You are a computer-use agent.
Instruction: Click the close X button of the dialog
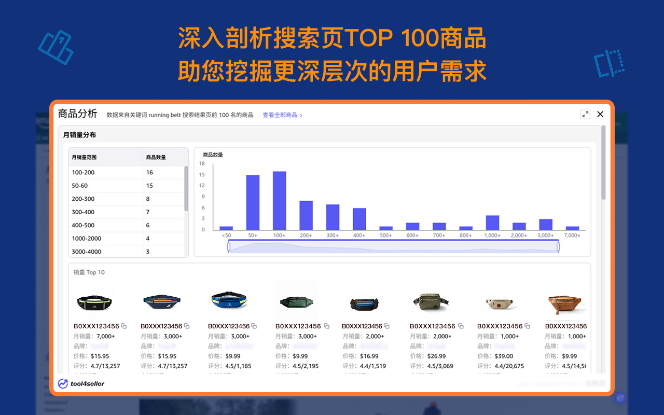point(600,114)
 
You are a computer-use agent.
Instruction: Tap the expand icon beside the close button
point(585,114)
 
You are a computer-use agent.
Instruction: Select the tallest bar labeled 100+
point(279,201)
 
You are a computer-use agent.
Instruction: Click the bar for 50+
point(253,202)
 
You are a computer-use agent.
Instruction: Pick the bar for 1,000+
point(492,223)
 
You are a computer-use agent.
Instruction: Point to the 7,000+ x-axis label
point(572,236)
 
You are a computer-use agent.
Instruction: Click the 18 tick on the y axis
point(202,163)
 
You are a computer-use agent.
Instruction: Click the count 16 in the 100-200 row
point(149,172)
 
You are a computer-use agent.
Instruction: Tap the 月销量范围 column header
point(84,157)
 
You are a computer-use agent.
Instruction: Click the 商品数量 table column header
point(156,157)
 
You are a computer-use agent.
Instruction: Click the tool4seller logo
point(81,383)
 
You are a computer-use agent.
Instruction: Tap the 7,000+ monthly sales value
point(106,336)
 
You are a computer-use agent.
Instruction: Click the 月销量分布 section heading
point(79,135)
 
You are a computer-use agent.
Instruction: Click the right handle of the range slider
point(558,247)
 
